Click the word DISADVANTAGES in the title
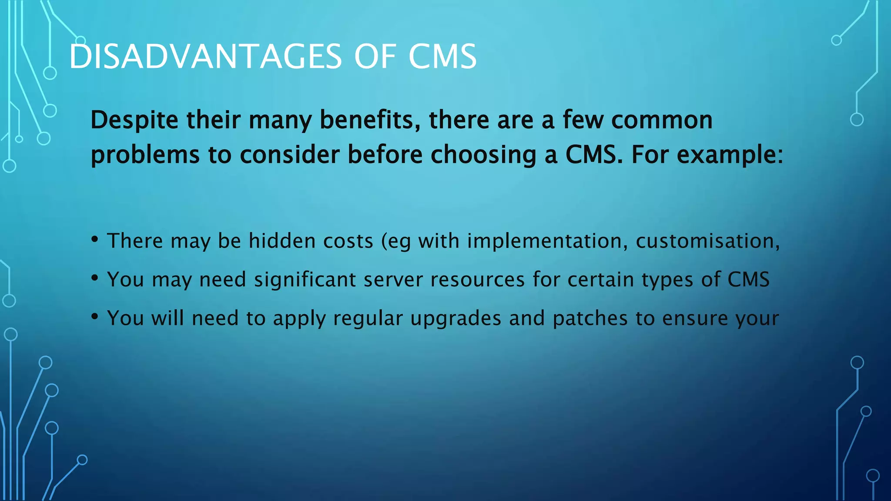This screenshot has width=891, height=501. tap(205, 57)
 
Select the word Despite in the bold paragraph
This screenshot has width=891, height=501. tap(134, 120)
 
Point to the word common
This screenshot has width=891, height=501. tap(662, 120)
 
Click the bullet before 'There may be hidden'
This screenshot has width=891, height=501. tap(94, 240)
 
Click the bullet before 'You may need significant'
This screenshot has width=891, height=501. tap(94, 278)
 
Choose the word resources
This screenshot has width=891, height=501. tap(477, 280)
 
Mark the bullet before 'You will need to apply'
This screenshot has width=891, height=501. tap(94, 317)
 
